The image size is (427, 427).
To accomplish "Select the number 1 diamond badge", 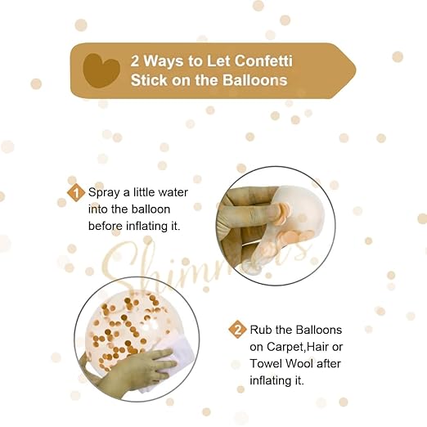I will pos(76,193).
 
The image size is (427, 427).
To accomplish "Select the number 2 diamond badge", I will pos(237,330).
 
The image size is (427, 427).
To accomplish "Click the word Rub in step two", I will pos(262,330).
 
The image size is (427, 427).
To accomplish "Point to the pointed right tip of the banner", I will pos(353,70).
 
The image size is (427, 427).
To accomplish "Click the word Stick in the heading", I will pos(148,80).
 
